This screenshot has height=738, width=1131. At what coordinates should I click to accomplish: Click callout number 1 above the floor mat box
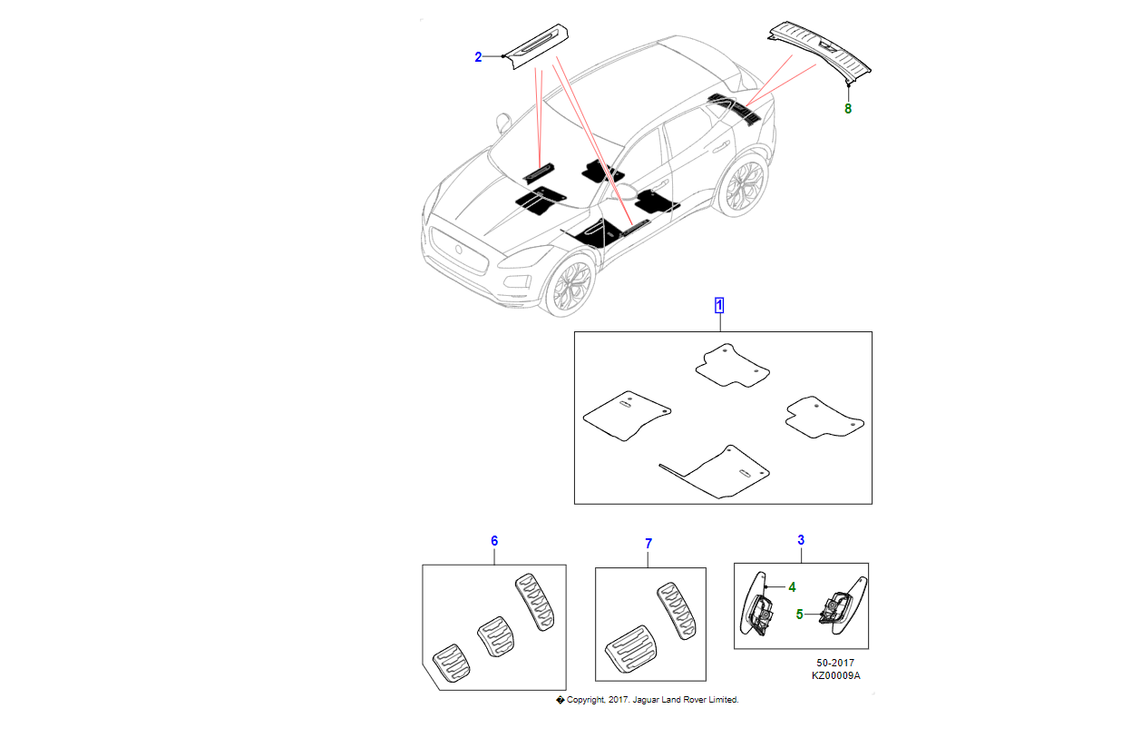pyautogui.click(x=719, y=305)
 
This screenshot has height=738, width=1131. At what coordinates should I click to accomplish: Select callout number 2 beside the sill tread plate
pyautogui.click(x=478, y=57)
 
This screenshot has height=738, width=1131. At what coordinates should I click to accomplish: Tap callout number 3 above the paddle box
pyautogui.click(x=801, y=541)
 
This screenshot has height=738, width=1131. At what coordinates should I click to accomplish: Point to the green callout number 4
pyautogui.click(x=792, y=587)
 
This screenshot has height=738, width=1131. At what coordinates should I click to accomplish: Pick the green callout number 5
pyautogui.click(x=799, y=615)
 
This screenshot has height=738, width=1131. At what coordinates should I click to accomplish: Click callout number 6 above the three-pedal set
pyautogui.click(x=494, y=541)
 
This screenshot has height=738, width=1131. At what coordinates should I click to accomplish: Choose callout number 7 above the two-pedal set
pyautogui.click(x=648, y=544)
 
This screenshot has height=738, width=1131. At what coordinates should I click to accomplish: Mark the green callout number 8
pyautogui.click(x=848, y=109)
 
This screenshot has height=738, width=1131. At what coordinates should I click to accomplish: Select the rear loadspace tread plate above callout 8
pyautogui.click(x=821, y=45)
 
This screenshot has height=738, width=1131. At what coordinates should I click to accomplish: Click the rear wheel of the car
pyautogui.click(x=743, y=189)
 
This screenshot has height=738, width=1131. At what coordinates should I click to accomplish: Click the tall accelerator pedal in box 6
pyautogui.click(x=534, y=602)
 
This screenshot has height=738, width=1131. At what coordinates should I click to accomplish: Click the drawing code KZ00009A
pyautogui.click(x=835, y=676)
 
